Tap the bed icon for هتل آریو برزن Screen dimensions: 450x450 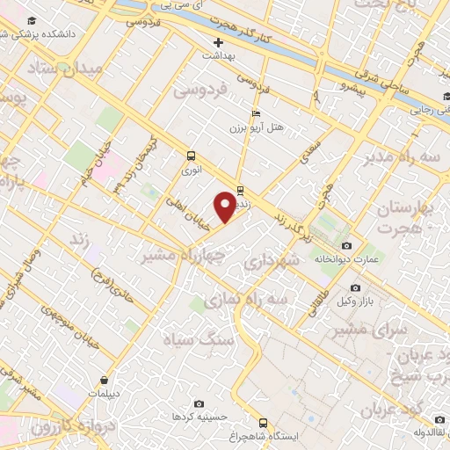coord(256,113)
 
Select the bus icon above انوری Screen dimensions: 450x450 coord(191,156)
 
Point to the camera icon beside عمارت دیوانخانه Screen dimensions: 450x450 coord(346,245)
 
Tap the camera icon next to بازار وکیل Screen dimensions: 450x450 coord(355,287)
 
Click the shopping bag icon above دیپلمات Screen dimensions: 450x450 coord(105,381)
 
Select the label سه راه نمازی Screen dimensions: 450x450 coord(246,299)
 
